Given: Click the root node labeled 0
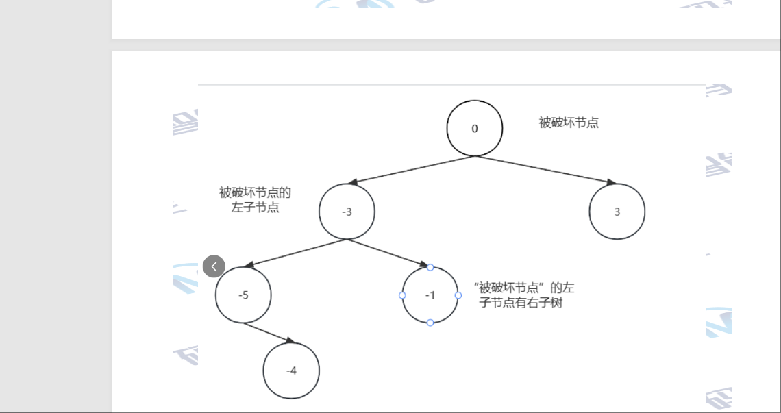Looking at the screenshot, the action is (475, 128).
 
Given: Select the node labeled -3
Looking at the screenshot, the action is (347, 212).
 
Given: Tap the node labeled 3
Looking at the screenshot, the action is (617, 212).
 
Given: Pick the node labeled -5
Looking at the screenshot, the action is (243, 295).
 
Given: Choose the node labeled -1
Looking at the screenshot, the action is (430, 295).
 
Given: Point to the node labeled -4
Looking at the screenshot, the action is (291, 371).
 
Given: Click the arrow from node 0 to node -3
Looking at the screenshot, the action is (411, 170).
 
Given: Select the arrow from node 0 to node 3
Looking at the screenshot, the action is (545, 170).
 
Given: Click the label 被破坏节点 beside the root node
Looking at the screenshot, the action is (569, 123).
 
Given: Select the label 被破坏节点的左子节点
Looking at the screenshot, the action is (255, 199).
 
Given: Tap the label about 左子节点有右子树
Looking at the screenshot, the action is (524, 295).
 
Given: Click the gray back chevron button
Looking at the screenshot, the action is (214, 266).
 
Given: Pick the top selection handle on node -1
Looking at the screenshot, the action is (430, 267).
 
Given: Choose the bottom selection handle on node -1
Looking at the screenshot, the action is (430, 323).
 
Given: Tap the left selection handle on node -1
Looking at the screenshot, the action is (402, 295).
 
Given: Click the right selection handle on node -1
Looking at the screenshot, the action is (458, 295).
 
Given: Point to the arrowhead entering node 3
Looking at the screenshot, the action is (611, 183).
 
